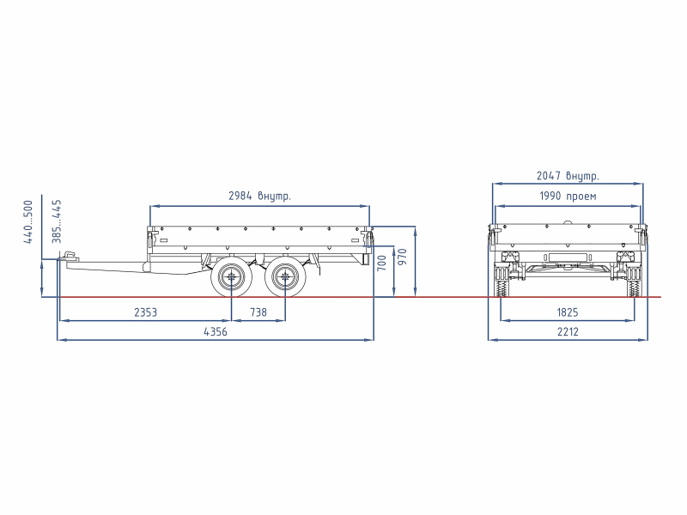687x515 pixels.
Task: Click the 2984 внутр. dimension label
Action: pyautogui.click(x=259, y=196)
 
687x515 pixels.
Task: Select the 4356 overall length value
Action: pyautogui.click(x=216, y=331)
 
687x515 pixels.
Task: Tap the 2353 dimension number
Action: pyautogui.click(x=145, y=312)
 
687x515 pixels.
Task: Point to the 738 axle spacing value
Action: pyautogui.click(x=258, y=312)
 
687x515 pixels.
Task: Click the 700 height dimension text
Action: pyautogui.click(x=381, y=263)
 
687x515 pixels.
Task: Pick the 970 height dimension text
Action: pyautogui.click(x=403, y=257)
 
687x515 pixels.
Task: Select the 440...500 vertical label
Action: pyautogui.click(x=28, y=221)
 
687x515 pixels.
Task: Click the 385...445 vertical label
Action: pyautogui.click(x=57, y=221)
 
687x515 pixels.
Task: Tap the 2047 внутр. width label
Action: pyautogui.click(x=568, y=176)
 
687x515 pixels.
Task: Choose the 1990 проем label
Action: pyautogui.click(x=568, y=196)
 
